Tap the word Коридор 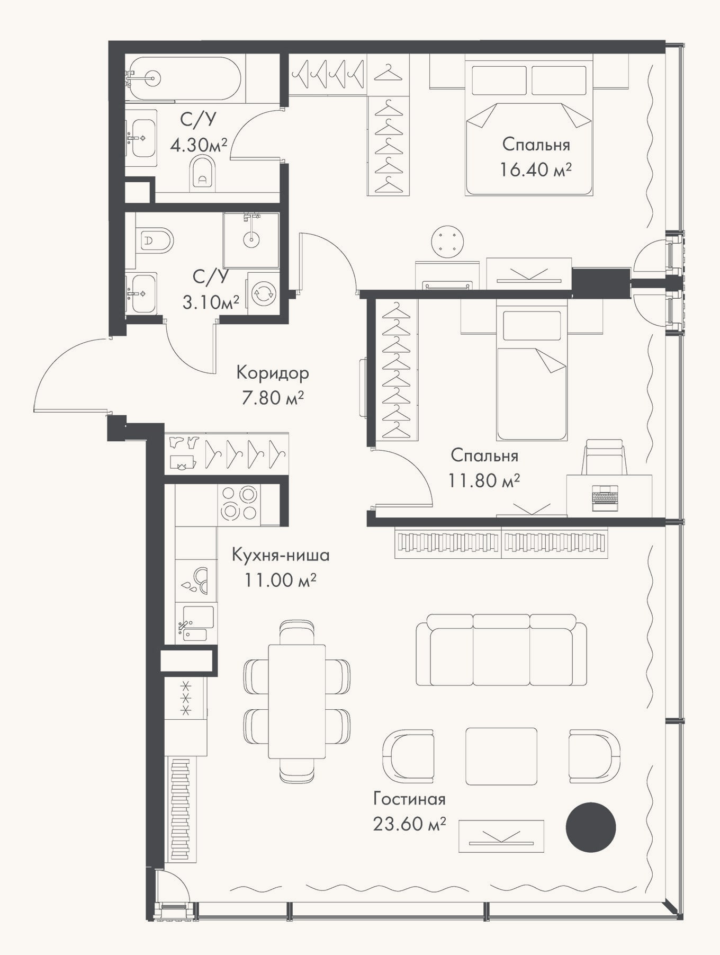[x=273, y=373]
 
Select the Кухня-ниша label [x=281, y=555]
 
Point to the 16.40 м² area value [x=536, y=170]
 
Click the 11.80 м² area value [x=484, y=481]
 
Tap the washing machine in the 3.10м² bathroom [x=263, y=293]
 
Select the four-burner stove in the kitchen [x=239, y=505]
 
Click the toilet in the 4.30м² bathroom [x=203, y=172]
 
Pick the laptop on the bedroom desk [x=605, y=498]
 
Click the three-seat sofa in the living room [x=501, y=649]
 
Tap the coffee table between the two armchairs [x=501, y=756]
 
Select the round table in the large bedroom [x=448, y=243]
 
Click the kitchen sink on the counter [x=198, y=623]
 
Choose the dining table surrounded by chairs [x=296, y=701]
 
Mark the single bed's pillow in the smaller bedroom [x=532, y=325]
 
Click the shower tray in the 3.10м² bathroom [x=251, y=240]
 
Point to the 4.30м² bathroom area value [x=199, y=144]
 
